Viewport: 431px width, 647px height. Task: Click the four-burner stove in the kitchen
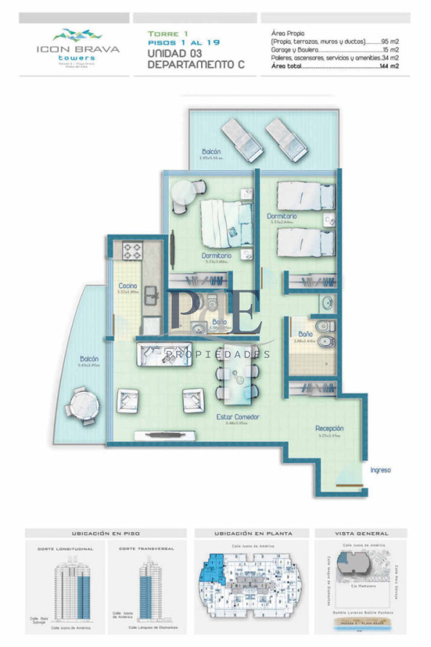point(133,251)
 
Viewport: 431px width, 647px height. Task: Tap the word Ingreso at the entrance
point(380,470)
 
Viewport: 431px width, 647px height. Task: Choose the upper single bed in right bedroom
point(306,196)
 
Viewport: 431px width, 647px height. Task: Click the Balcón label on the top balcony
point(211,152)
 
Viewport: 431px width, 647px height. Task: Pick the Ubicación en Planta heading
point(251,533)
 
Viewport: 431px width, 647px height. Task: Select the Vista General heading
point(361,533)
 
